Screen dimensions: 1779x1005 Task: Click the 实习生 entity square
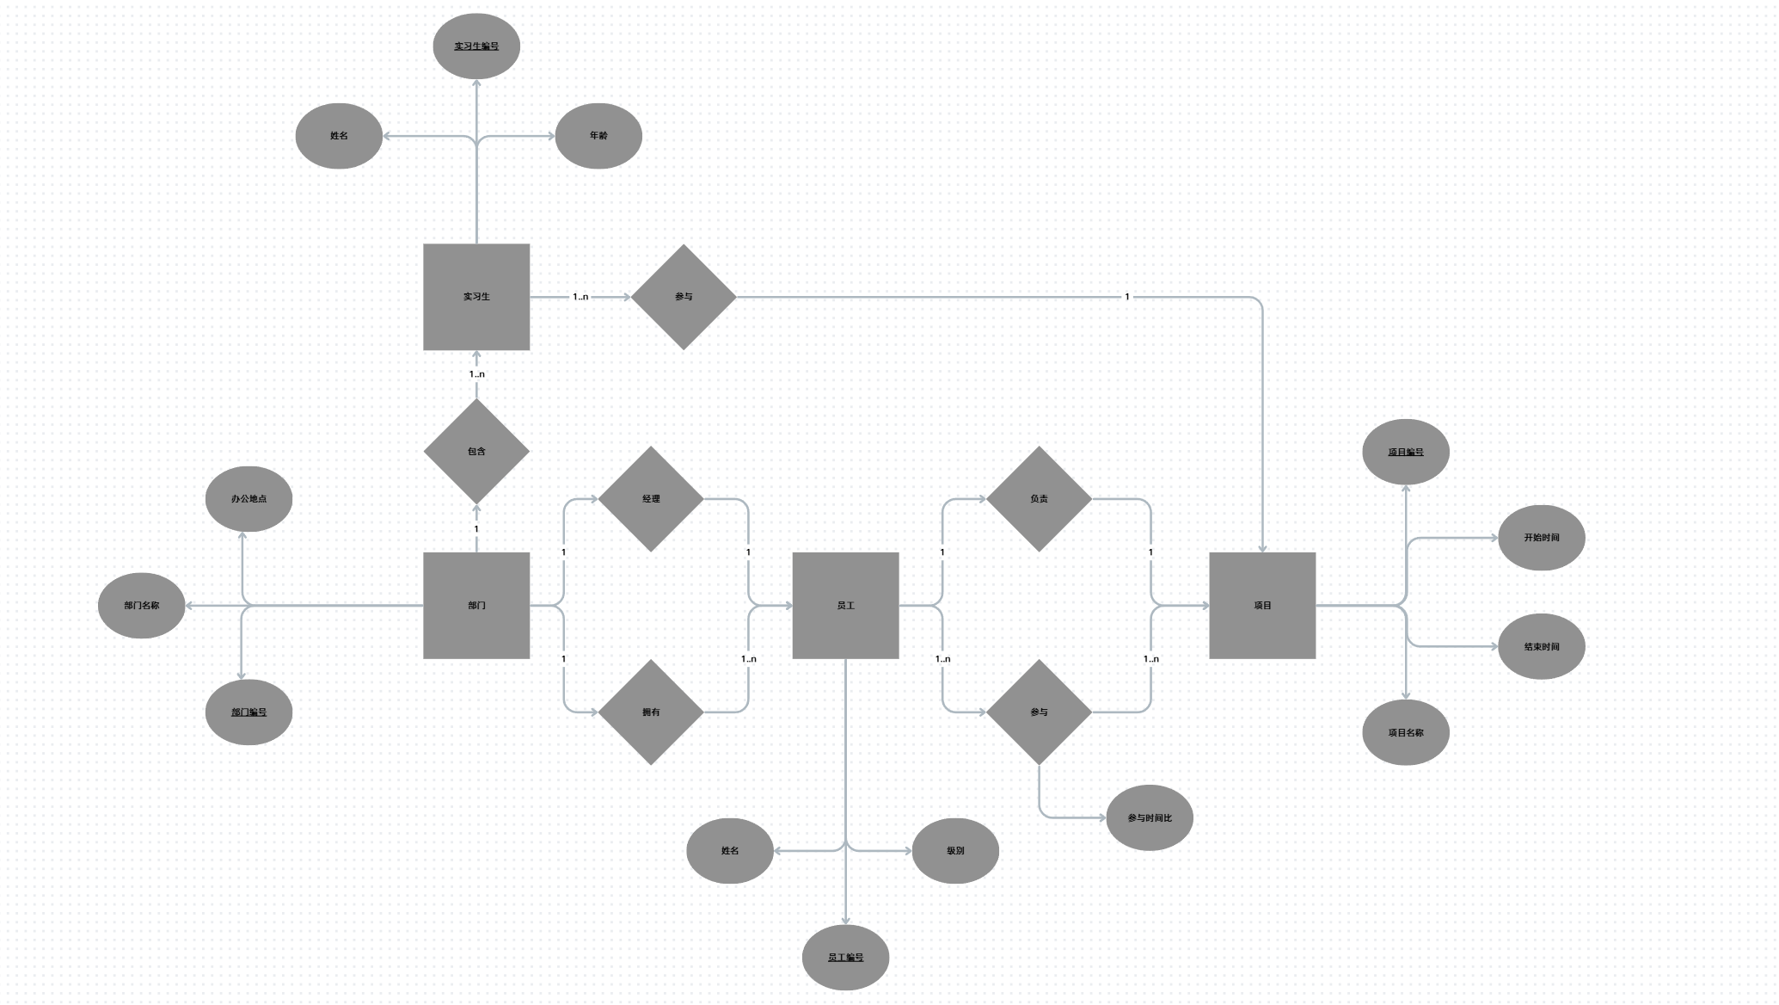pos(476,297)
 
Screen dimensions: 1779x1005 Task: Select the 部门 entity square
pos(476,606)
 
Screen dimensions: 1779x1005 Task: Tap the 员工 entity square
pos(845,606)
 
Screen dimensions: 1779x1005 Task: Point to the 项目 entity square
pos(1262,606)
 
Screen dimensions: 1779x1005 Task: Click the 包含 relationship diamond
pos(476,451)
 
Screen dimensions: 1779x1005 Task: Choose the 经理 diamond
pos(651,499)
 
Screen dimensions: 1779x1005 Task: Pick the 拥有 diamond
pos(651,712)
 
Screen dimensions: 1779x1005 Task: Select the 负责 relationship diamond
pos(1039,499)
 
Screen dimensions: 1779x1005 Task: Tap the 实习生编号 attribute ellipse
pos(476,46)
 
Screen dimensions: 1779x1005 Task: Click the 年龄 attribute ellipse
pos(598,136)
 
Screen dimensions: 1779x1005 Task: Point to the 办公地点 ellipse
pos(248,499)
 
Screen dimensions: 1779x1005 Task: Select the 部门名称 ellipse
pos(141,606)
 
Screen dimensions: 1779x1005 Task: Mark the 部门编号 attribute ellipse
pos(248,712)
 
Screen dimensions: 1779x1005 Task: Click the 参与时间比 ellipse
pos(1150,818)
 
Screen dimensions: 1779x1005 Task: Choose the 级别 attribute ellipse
pos(955,851)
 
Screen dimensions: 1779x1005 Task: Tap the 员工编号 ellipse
pos(845,958)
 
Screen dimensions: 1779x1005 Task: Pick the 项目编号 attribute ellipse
pos(1406,452)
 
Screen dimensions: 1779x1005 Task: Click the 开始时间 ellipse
pos(1542,538)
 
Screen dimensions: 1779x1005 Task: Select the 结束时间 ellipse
pos(1542,647)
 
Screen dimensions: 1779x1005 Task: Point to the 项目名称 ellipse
pos(1406,733)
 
